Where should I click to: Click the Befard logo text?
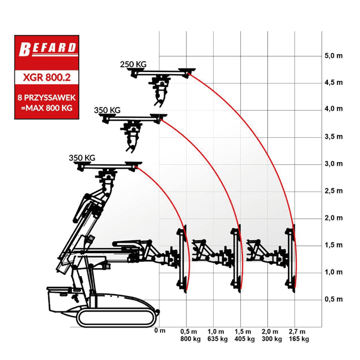[x=47, y=49]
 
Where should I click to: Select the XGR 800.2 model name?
[x=47, y=78]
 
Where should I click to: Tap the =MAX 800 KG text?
[x=47, y=107]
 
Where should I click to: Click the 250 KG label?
[x=133, y=64]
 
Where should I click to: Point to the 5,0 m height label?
[x=334, y=56]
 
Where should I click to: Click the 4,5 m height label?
[x=334, y=83]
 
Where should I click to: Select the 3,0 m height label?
[x=334, y=164]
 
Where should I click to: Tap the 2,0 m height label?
[x=334, y=218]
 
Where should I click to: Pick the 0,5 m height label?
[x=334, y=299]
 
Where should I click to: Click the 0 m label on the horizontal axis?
[x=160, y=331]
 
